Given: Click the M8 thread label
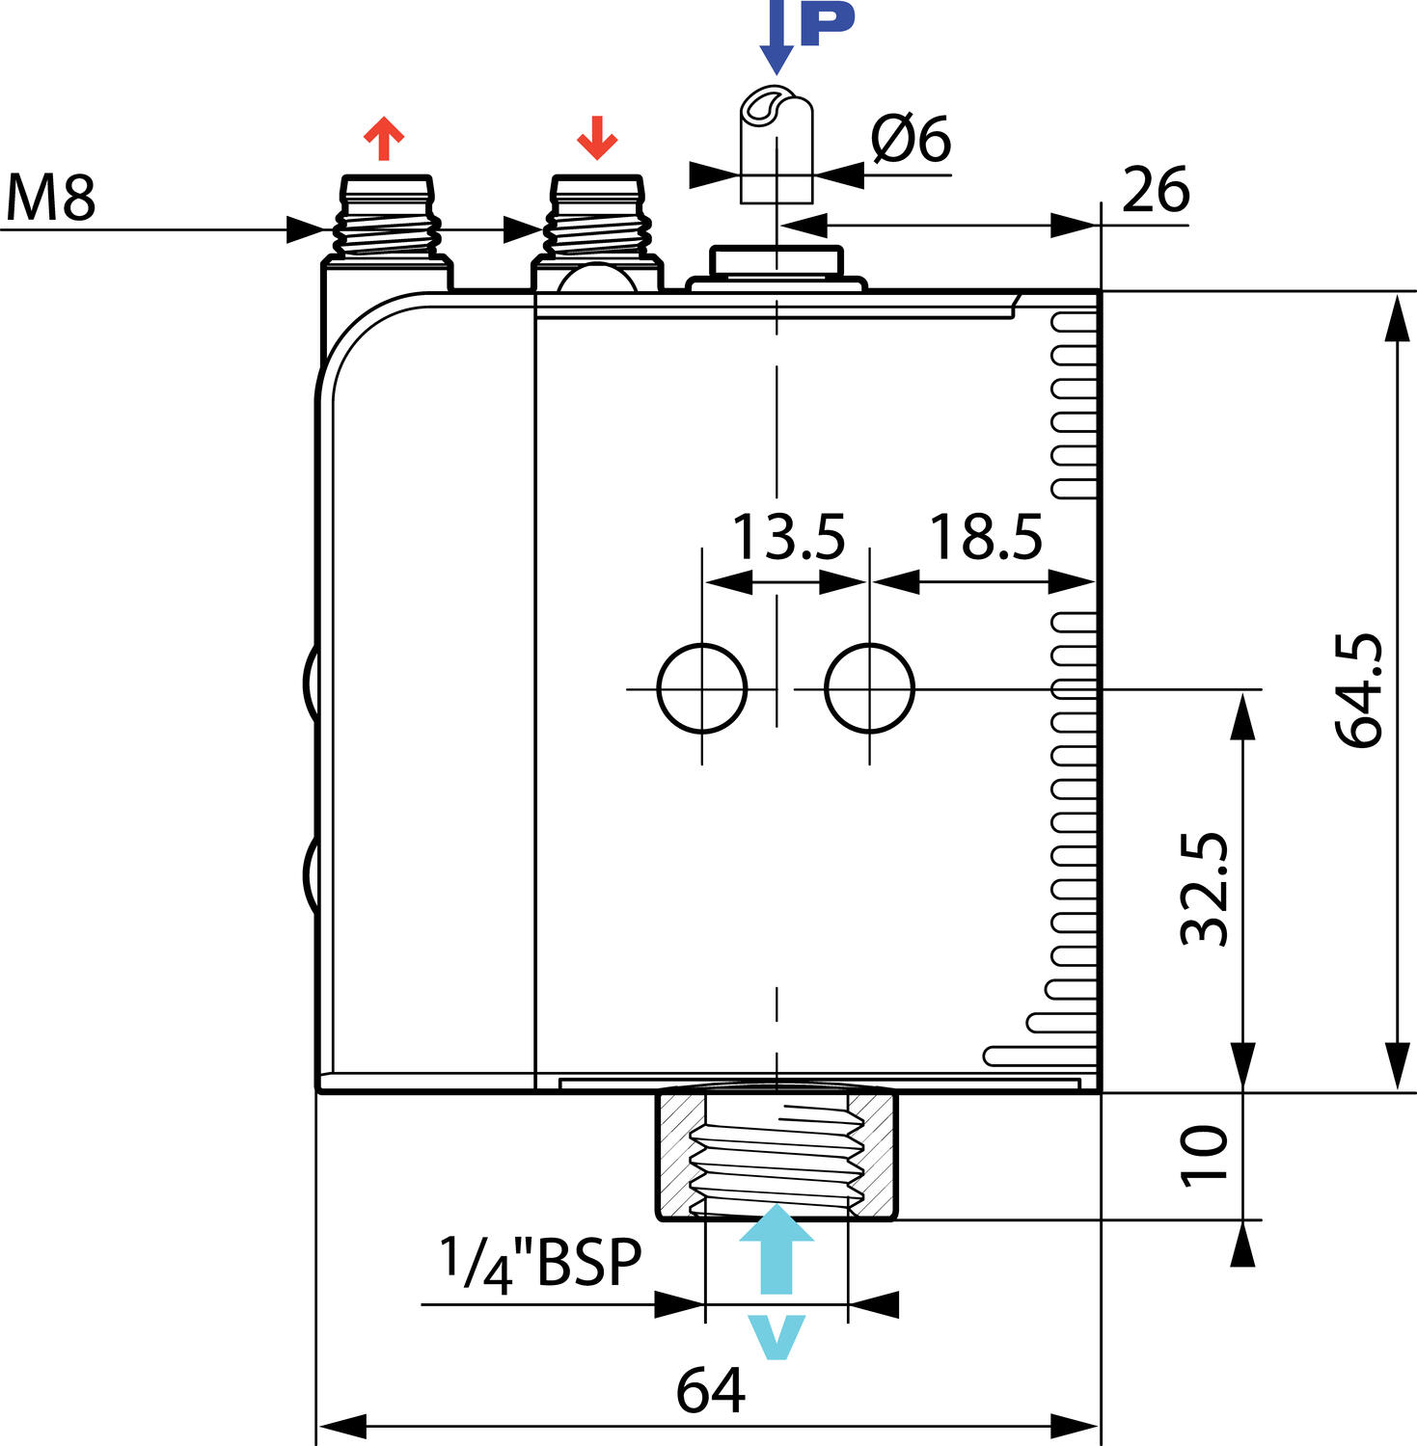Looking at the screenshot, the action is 50,198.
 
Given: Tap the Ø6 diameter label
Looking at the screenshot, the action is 911,139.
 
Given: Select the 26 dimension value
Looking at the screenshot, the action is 1156,190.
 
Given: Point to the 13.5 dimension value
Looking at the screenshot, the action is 789,537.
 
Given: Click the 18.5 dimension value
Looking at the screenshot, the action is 986,537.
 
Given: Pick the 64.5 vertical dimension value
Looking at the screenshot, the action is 1359,690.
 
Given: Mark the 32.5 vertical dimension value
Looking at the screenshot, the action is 1205,888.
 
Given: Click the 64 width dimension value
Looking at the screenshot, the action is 710,1391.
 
